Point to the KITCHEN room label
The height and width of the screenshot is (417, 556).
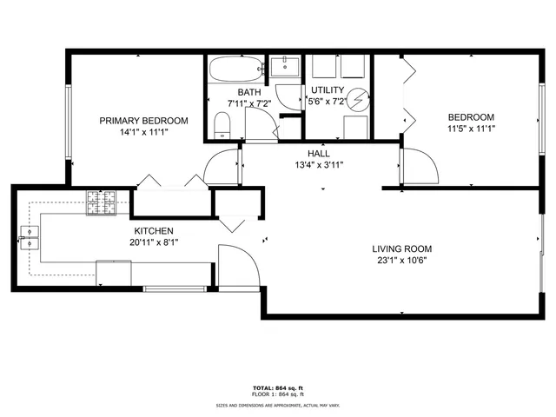153,231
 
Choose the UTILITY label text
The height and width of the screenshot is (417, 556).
328,90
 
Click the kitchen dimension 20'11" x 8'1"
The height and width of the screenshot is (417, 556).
153,242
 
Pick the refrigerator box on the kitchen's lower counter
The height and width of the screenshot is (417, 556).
114,273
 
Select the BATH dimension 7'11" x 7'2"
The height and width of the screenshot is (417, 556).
250,103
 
